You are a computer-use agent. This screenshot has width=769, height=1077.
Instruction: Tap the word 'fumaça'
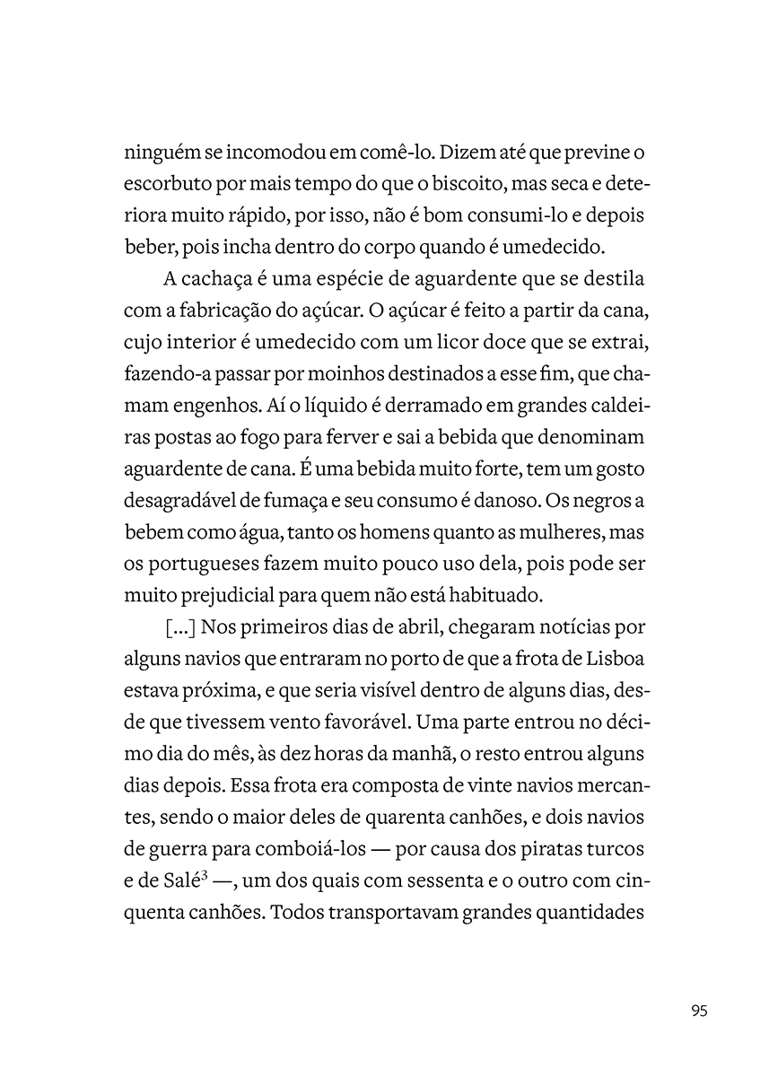click(318, 500)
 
